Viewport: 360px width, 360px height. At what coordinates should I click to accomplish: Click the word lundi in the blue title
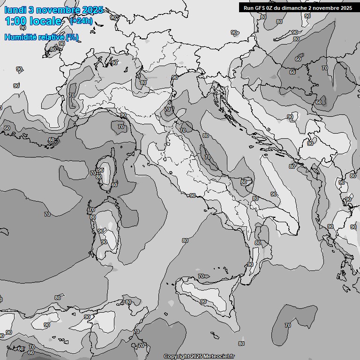(x=15, y=10)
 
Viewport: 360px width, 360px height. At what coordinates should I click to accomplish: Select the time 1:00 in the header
(x=15, y=21)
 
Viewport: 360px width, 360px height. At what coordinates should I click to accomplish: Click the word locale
(x=45, y=21)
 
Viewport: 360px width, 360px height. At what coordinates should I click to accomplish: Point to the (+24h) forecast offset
(x=81, y=21)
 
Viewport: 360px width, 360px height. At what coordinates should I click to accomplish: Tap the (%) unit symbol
(x=72, y=37)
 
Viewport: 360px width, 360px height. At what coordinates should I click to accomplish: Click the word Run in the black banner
(x=248, y=7)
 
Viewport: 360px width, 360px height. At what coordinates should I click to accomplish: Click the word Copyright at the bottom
(x=176, y=356)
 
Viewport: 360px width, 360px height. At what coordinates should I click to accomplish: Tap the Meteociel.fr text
(x=219, y=356)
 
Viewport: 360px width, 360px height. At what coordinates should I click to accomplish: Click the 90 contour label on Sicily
(x=203, y=301)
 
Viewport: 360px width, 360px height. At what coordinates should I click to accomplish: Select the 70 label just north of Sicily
(x=201, y=277)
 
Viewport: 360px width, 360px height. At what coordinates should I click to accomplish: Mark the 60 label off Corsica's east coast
(x=114, y=185)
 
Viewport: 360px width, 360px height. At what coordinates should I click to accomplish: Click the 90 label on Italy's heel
(x=273, y=194)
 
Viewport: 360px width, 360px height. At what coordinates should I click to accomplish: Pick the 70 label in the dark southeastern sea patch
(x=287, y=325)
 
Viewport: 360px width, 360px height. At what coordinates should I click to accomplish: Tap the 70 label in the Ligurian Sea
(x=120, y=127)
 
